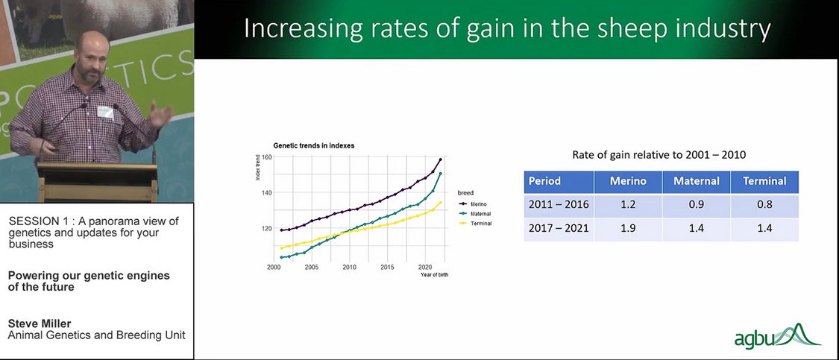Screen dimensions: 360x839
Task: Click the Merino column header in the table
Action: click(x=627, y=181)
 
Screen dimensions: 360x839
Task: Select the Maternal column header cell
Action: click(x=696, y=181)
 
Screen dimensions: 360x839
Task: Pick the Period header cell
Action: click(x=544, y=181)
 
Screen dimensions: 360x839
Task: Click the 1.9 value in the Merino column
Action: click(x=627, y=229)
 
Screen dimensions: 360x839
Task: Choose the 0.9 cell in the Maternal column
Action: click(x=696, y=205)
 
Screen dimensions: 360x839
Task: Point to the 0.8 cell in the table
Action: click(x=764, y=205)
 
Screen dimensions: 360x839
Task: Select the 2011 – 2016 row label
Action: click(x=559, y=205)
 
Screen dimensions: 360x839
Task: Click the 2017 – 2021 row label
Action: click(x=559, y=229)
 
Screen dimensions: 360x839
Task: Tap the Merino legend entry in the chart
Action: click(x=477, y=203)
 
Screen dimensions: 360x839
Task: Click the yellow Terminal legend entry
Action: click(x=479, y=224)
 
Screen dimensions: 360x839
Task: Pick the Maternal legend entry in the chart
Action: click(x=480, y=213)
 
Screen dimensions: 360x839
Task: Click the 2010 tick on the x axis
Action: click(x=349, y=266)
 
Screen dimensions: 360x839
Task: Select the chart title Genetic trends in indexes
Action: click(x=313, y=145)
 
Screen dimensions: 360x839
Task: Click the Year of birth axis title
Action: click(x=435, y=274)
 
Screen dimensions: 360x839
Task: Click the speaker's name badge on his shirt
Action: click(x=105, y=112)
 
